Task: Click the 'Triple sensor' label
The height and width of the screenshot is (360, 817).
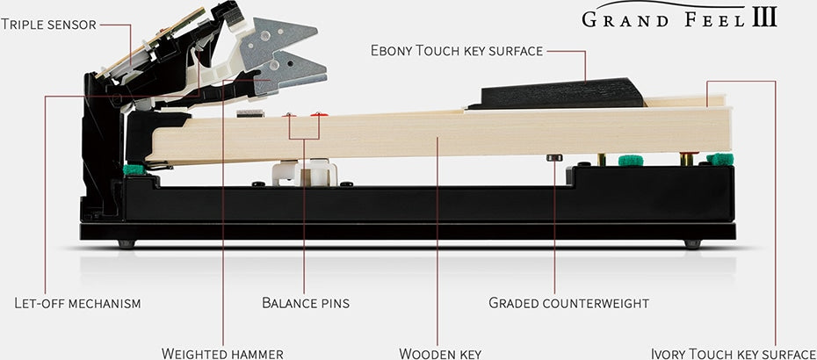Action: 47,24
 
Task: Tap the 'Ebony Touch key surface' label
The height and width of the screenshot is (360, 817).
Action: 457,52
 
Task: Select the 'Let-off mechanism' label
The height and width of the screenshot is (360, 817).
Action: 77,304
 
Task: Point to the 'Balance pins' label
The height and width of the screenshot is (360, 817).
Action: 306,304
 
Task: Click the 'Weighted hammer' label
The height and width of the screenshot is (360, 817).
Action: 222,353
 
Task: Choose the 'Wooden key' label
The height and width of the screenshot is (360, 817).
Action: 440,353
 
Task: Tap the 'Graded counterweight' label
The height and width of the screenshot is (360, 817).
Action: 568,304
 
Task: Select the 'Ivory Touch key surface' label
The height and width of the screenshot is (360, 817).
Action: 734,353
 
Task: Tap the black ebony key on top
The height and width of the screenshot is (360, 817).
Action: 562,93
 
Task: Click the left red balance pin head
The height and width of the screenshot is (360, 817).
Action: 290,114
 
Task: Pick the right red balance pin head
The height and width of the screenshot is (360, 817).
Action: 318,114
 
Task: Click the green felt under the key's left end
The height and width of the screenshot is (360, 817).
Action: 134,169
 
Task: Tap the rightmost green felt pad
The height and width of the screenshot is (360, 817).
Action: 720,159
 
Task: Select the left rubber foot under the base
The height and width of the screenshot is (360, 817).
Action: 127,243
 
